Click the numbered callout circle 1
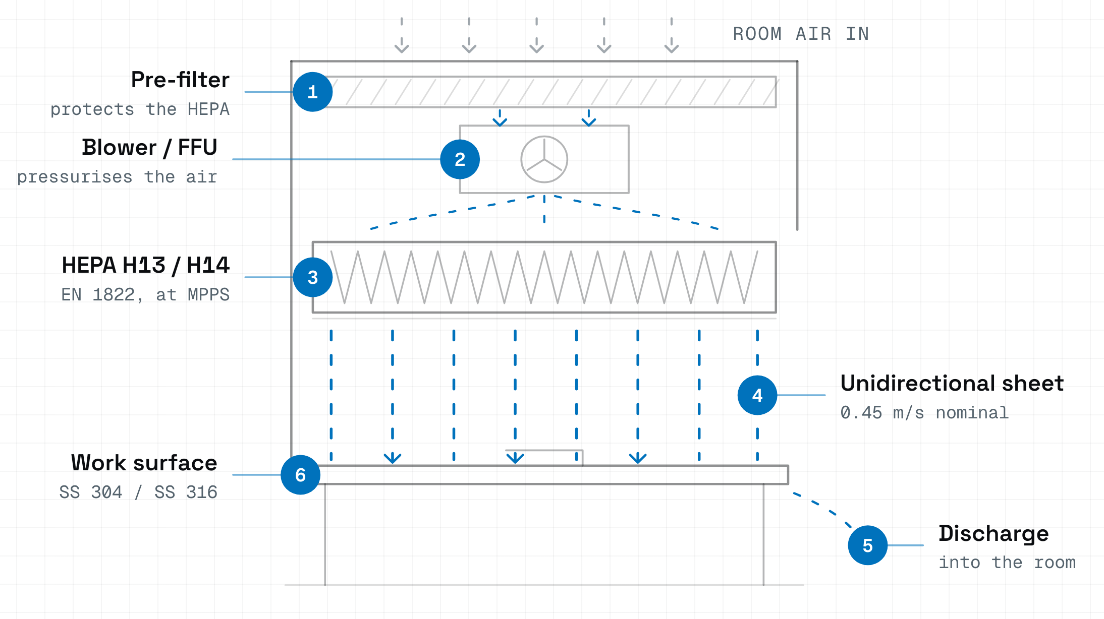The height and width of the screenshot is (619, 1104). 313,92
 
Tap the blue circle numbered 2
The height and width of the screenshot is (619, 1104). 460,159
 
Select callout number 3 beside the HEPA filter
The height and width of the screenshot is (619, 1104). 313,277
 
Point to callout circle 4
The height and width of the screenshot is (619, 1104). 757,395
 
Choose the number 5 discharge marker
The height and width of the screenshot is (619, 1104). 868,545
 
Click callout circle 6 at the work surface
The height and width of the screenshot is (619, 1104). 301,475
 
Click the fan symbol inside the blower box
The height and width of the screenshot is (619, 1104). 544,159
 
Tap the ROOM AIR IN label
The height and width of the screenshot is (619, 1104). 801,34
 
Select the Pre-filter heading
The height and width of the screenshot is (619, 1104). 180,80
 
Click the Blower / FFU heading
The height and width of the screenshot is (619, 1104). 149,147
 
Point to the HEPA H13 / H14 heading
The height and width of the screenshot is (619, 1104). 145,265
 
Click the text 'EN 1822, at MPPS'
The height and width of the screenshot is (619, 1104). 145,294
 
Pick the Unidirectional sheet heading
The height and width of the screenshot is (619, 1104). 952,383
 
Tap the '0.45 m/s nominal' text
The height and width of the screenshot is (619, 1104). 924,413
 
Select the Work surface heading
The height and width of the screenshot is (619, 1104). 144,463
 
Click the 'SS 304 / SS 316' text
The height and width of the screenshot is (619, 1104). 138,492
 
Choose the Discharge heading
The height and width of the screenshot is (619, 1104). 993,534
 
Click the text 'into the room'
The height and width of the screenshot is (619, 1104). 1007,562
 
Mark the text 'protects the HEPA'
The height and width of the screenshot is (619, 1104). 140,109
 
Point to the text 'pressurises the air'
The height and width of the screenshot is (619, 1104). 117,177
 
